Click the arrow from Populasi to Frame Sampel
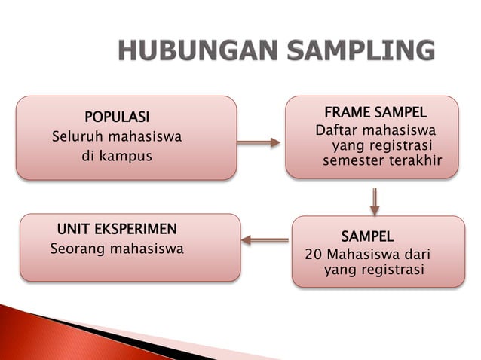tap(264, 142)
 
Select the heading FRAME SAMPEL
tap(375, 113)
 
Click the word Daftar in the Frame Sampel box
tap(337, 131)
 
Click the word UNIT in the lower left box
tap(75, 228)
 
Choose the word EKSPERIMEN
tap(137, 228)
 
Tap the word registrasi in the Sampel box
tap(392, 269)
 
